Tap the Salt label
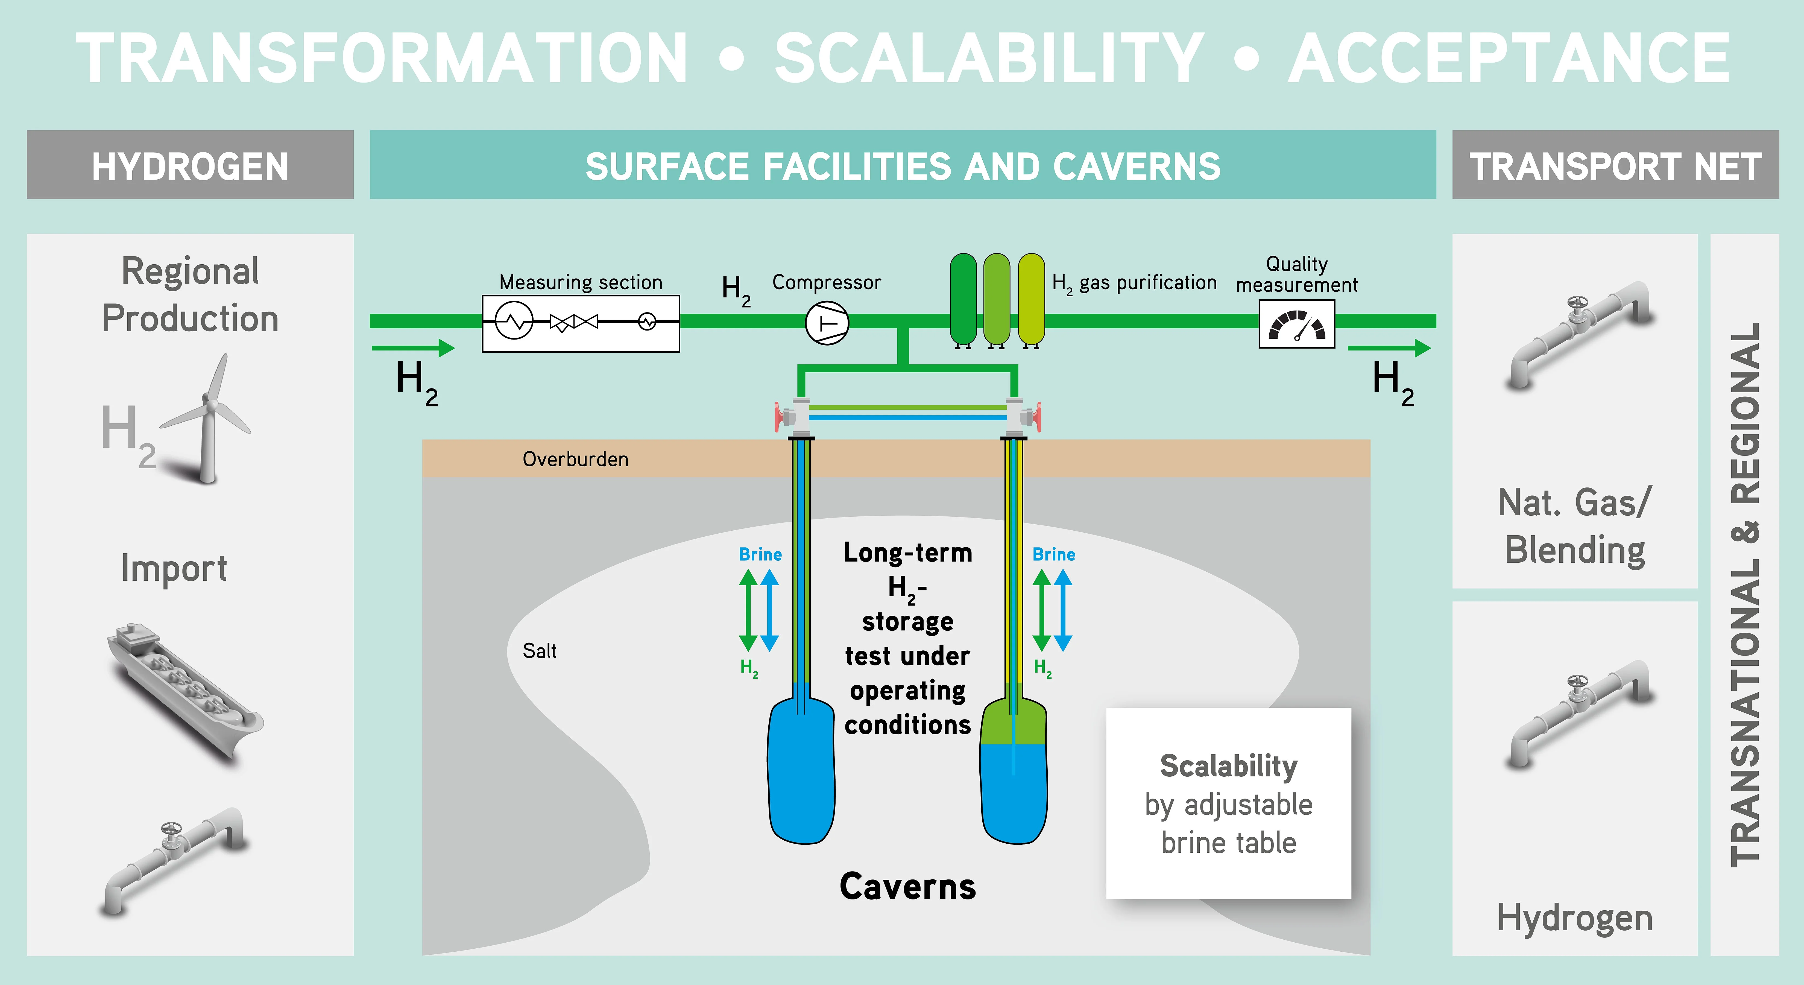(539, 651)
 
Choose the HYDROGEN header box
(190, 165)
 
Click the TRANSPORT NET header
(1615, 165)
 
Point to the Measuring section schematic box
(581, 323)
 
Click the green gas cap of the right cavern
(1013, 725)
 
